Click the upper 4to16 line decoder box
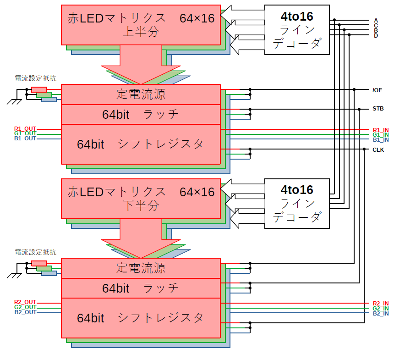tap(297, 30)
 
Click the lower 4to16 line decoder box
tap(297, 203)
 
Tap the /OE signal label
tap(377, 90)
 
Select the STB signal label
tap(378, 109)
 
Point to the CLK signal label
tap(378, 150)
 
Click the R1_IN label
tap(380, 130)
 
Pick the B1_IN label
tap(380, 139)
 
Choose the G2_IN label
tap(380, 309)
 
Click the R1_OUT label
tap(25, 129)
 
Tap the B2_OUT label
tap(25, 312)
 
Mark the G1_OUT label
tap(25, 133)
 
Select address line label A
tap(376, 20)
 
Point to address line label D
tap(376, 35)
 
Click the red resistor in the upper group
tap(39, 89)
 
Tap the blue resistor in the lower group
tap(49, 273)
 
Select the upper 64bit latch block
tap(141, 115)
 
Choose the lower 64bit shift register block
tap(141, 318)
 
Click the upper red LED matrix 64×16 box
tap(141, 25)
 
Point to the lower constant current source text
tap(141, 268)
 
